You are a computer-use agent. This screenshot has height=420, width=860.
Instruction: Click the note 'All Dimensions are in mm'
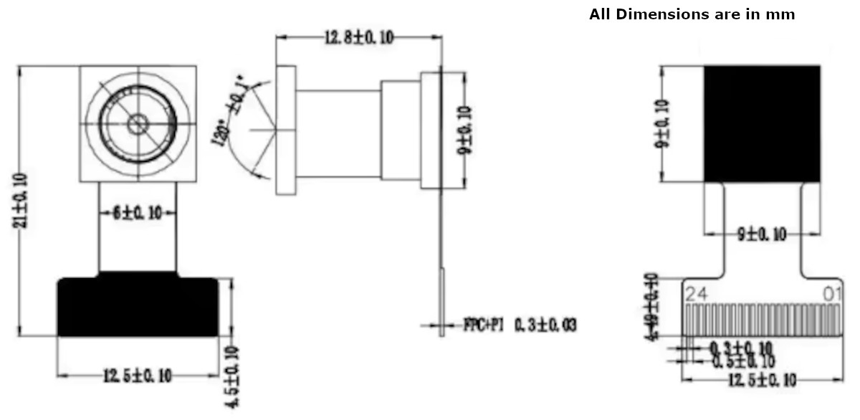click(x=692, y=14)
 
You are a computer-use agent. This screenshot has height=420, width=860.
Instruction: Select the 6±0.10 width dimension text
click(x=137, y=213)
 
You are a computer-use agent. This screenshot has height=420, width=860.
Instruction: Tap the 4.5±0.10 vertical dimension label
click(x=231, y=377)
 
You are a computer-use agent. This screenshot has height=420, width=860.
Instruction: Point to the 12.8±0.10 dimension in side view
click(x=358, y=39)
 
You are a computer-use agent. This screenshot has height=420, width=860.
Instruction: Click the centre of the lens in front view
click(x=137, y=124)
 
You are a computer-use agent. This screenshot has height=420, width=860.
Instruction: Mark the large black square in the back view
click(x=761, y=123)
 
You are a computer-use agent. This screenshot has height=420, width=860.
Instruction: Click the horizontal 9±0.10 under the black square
click(x=761, y=234)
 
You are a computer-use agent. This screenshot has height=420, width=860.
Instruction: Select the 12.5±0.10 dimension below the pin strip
click(x=761, y=380)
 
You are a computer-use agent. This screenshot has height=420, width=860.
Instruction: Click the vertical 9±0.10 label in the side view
click(x=466, y=130)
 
